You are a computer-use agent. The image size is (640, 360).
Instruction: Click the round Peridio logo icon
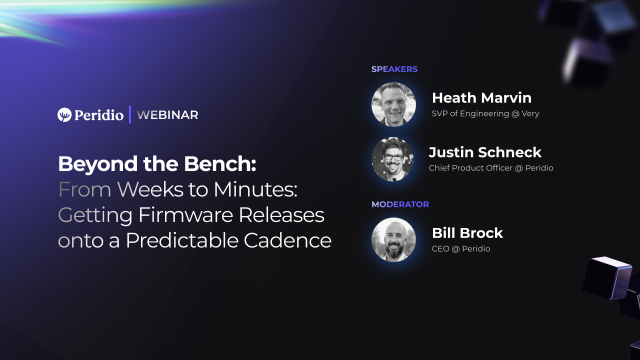pyautogui.click(x=64, y=115)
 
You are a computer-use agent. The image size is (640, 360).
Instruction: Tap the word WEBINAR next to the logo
pyautogui.click(x=167, y=115)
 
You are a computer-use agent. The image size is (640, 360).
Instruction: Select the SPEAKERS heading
pyautogui.click(x=394, y=69)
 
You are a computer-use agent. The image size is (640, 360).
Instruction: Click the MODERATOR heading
pyautogui.click(x=400, y=204)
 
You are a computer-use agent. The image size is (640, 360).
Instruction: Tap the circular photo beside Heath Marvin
pyautogui.click(x=393, y=104)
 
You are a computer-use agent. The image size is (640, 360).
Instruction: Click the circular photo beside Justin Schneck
pyautogui.click(x=392, y=159)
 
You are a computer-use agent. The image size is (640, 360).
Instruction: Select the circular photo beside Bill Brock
pyautogui.click(x=393, y=239)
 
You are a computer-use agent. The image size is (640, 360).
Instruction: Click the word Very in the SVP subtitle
pyautogui.click(x=530, y=113)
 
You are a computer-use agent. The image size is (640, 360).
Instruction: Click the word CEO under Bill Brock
pyautogui.click(x=440, y=249)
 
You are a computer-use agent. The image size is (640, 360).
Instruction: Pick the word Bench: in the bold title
pyautogui.click(x=220, y=164)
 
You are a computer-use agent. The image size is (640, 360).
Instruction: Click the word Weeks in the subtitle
pyautogui.click(x=150, y=189)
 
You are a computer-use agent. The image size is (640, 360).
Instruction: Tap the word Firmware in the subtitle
pyautogui.click(x=185, y=215)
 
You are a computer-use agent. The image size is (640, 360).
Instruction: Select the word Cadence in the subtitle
pyautogui.click(x=287, y=240)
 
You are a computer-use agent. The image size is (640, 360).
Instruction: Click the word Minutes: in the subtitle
pyautogui.click(x=255, y=189)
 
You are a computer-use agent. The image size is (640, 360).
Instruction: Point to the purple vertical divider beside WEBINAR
pyautogui.click(x=130, y=115)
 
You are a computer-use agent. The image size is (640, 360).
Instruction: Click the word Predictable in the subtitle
pyautogui.click(x=182, y=240)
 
